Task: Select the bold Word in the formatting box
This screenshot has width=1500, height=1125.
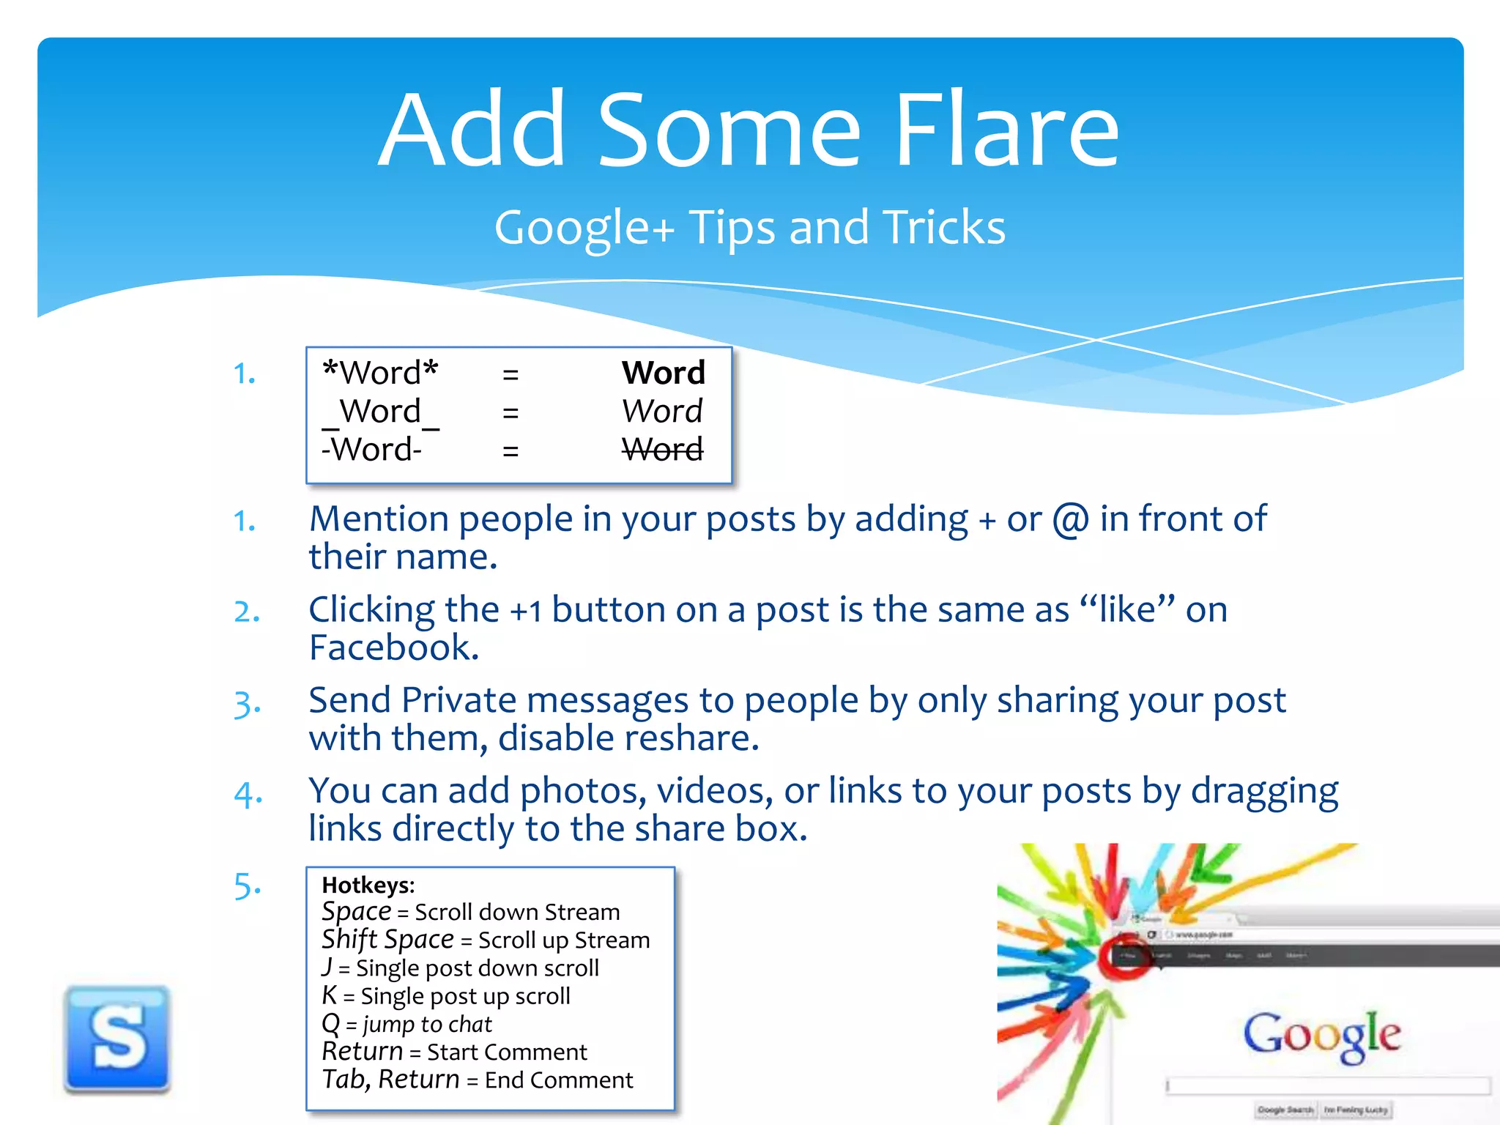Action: pyautogui.click(x=663, y=373)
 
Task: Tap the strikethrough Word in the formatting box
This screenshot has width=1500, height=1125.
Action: pyautogui.click(x=663, y=449)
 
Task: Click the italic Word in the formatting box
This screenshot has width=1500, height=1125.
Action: pyautogui.click(x=662, y=411)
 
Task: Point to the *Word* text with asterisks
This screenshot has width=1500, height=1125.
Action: pyautogui.click(x=380, y=373)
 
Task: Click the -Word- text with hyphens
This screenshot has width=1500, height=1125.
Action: pyautogui.click(x=371, y=449)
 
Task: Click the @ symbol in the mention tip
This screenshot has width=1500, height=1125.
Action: pyautogui.click(x=1071, y=520)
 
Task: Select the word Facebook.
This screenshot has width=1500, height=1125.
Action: pyautogui.click(x=393, y=647)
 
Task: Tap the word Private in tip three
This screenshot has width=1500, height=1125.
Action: pyautogui.click(x=458, y=700)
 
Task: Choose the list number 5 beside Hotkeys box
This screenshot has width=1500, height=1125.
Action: pyautogui.click(x=246, y=886)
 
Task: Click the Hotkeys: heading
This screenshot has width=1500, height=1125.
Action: pyautogui.click(x=368, y=885)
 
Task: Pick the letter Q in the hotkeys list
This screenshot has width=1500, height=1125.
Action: pyautogui.click(x=331, y=1023)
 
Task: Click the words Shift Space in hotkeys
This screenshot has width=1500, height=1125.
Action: pyautogui.click(x=387, y=940)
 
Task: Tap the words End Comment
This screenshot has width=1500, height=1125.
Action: pyautogui.click(x=558, y=1080)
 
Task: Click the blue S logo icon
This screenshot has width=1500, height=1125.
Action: pyautogui.click(x=117, y=1039)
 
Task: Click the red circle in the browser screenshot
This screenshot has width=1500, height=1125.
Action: pyautogui.click(x=1124, y=955)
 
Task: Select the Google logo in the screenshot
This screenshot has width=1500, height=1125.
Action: pyautogui.click(x=1321, y=1033)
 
